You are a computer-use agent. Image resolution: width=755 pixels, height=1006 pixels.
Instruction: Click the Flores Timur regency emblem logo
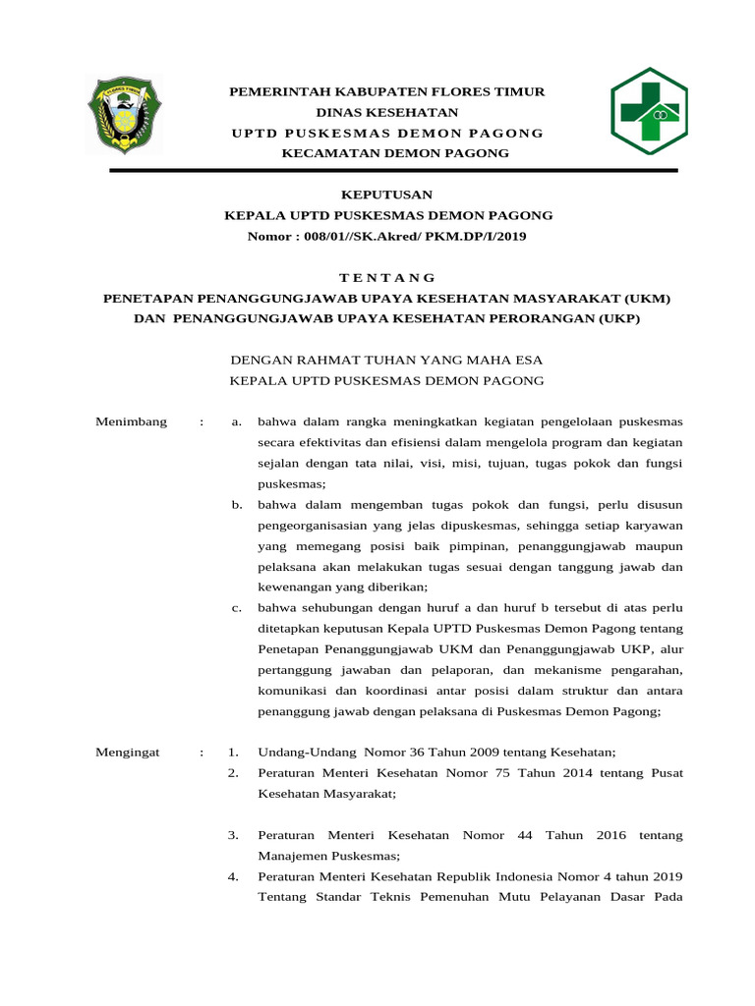123,114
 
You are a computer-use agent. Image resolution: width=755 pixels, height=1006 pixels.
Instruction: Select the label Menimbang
131,422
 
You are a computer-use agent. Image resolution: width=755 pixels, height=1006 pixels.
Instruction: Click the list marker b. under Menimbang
237,505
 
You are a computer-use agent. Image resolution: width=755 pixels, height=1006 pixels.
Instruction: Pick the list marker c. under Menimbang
237,608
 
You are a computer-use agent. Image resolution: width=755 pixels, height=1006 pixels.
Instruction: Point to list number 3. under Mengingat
234,835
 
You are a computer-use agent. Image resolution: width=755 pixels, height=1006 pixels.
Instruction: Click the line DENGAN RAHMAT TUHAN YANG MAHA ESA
385,361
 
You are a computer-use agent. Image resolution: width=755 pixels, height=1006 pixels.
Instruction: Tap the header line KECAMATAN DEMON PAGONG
395,153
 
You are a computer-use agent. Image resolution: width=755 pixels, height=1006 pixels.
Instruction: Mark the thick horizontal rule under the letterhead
393,171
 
